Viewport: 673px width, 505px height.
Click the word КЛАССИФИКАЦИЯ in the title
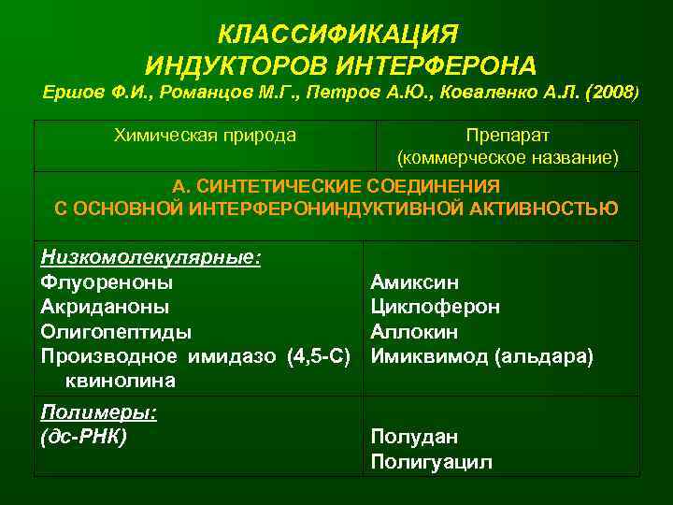[x=337, y=35]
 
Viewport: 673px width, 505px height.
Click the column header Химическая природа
[x=205, y=136]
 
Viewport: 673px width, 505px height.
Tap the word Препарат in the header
[x=508, y=136]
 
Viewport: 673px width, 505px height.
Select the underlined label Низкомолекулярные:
[x=150, y=257]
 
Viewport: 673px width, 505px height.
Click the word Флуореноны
[x=107, y=281]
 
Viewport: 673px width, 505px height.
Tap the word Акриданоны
[x=106, y=306]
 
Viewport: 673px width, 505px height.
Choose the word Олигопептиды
[x=117, y=331]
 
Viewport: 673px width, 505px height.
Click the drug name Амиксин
[x=414, y=281]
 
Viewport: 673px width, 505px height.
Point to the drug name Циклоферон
[x=435, y=306]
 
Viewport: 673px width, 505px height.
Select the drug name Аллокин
[x=415, y=331]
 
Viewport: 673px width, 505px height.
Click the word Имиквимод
[x=428, y=356]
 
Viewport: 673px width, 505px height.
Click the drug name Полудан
[x=414, y=437]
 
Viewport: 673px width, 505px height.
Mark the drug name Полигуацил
[x=431, y=461]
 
